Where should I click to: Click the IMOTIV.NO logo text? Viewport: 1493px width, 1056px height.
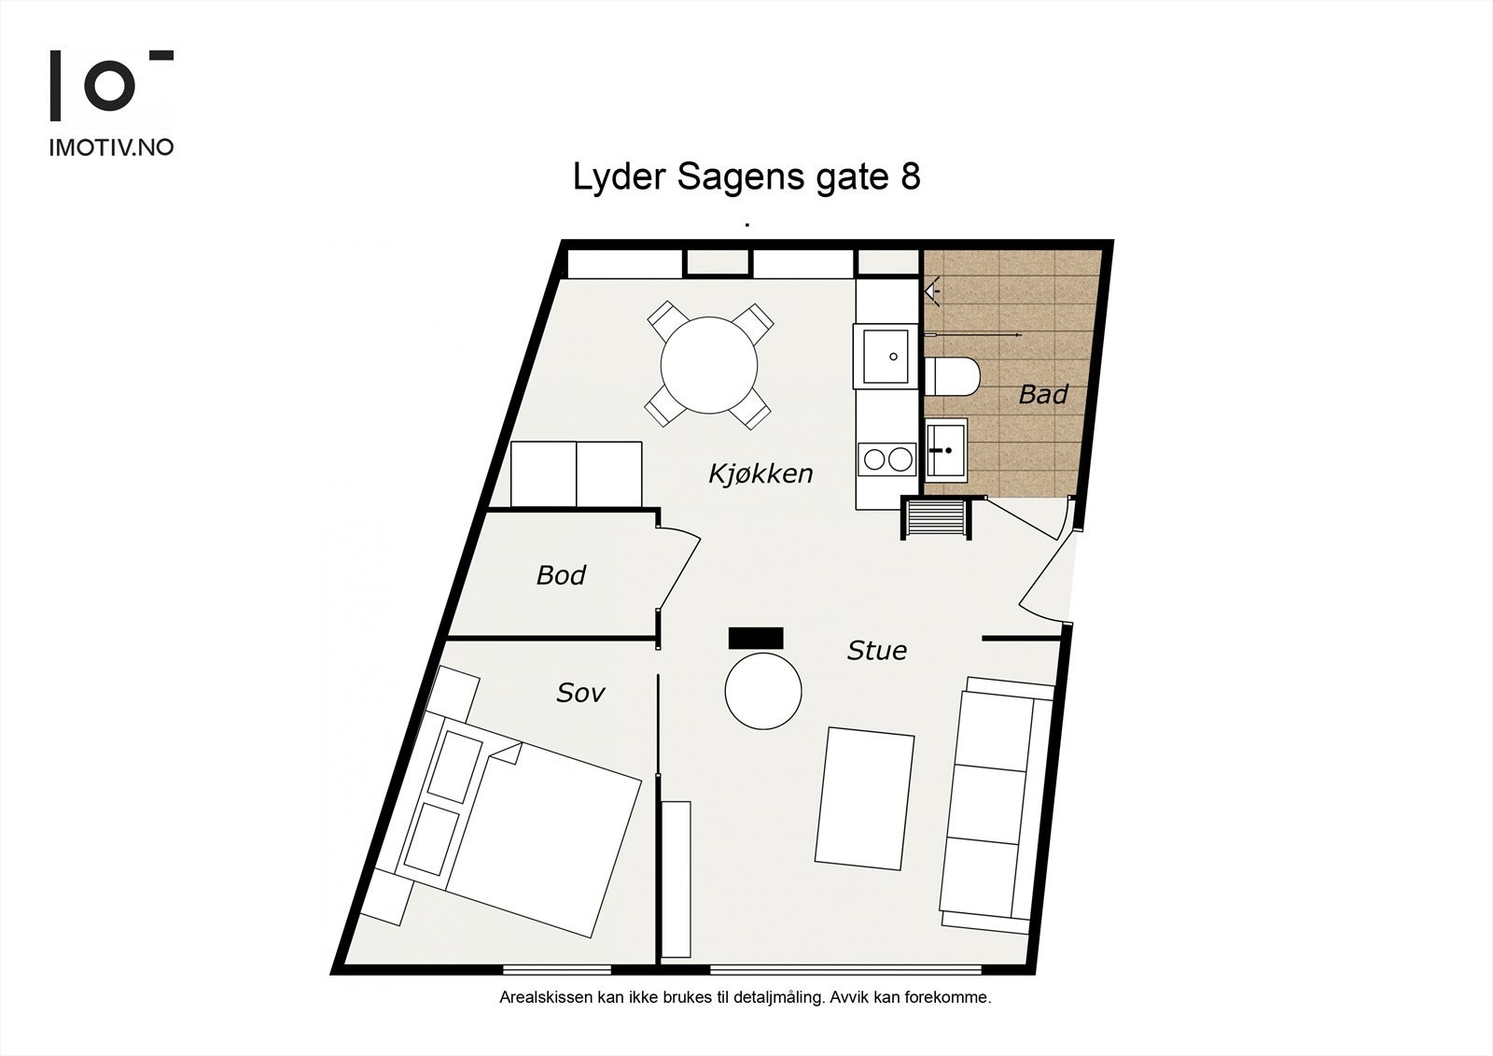pos(111,148)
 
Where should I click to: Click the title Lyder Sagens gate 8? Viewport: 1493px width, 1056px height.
pos(746,176)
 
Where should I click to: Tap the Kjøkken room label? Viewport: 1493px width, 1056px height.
pos(760,473)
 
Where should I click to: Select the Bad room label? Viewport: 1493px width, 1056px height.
pos(1042,394)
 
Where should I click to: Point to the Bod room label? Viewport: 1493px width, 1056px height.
pos(561,575)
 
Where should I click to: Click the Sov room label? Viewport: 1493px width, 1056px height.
pos(580,693)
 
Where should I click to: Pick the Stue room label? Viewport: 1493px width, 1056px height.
pos(876,651)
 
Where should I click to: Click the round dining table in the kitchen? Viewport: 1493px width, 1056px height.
pos(709,364)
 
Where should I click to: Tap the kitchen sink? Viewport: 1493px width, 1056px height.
pos(885,356)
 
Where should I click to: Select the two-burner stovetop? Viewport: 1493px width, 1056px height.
pos(886,458)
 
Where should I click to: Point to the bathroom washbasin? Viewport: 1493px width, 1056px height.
pos(945,449)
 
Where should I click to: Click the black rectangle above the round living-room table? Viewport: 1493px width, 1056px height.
pos(756,638)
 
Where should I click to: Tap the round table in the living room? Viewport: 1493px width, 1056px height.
pos(763,692)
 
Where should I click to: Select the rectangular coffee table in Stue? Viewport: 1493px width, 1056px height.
pos(865,799)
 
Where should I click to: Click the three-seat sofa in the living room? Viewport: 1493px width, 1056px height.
pos(996,803)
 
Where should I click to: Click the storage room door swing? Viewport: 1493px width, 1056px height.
pos(679,570)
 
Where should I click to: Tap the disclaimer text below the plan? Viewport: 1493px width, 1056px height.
pos(745,997)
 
